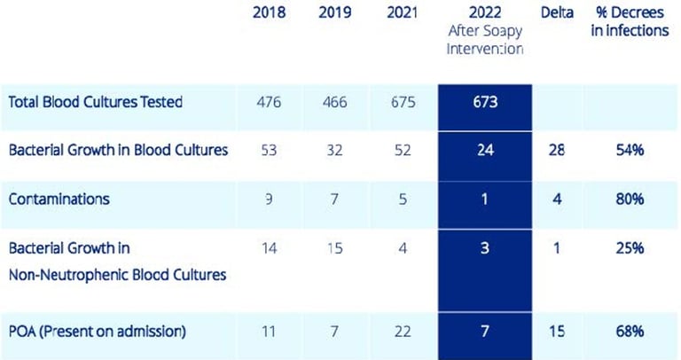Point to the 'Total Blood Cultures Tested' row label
click(x=96, y=102)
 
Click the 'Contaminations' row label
click(x=59, y=199)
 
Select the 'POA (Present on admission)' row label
click(x=98, y=333)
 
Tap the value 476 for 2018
click(x=269, y=102)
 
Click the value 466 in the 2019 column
click(x=334, y=102)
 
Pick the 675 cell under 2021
click(x=403, y=102)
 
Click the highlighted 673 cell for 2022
click(x=484, y=102)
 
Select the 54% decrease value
click(x=630, y=150)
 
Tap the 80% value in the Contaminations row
click(x=630, y=199)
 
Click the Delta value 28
click(x=557, y=150)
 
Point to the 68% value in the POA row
click(x=630, y=333)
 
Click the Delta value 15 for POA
click(x=557, y=333)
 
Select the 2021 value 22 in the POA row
click(x=403, y=333)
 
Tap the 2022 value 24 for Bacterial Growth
click(x=484, y=150)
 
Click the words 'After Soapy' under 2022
click(x=484, y=31)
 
